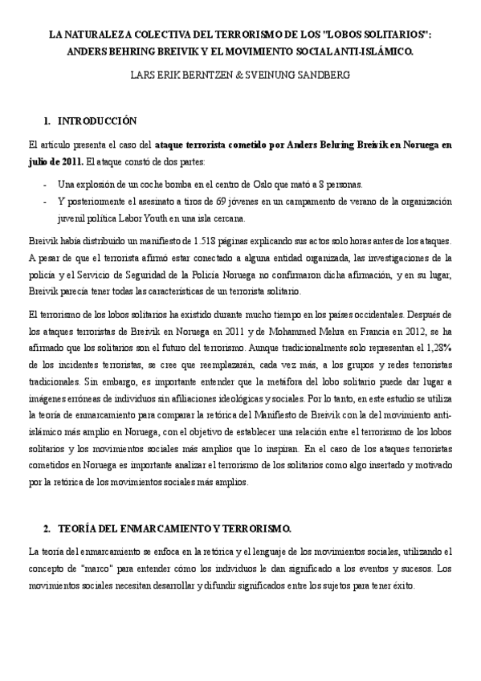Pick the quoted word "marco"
[84, 570]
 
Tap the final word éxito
[400, 586]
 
